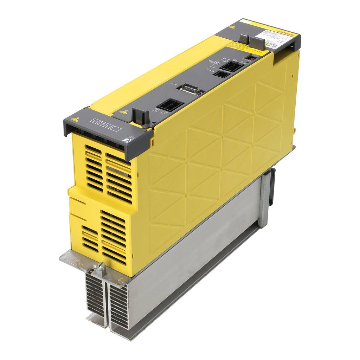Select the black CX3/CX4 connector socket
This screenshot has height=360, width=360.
click(x=170, y=105)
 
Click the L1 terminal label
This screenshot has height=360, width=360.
click(x=95, y=121)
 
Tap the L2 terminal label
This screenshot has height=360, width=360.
click(x=102, y=124)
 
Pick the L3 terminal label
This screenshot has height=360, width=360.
click(x=109, y=127)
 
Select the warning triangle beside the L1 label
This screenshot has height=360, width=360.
click(x=74, y=120)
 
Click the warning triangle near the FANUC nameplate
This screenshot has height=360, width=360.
click(x=231, y=27)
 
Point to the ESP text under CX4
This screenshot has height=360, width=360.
click(x=162, y=113)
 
